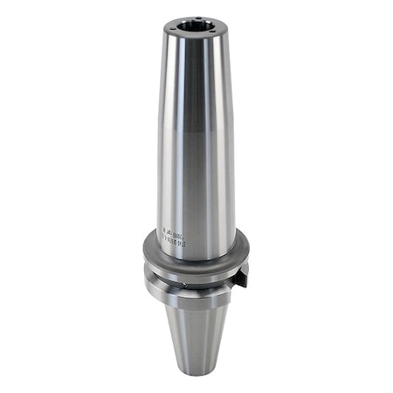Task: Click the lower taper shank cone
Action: pyautogui.click(x=196, y=341)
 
